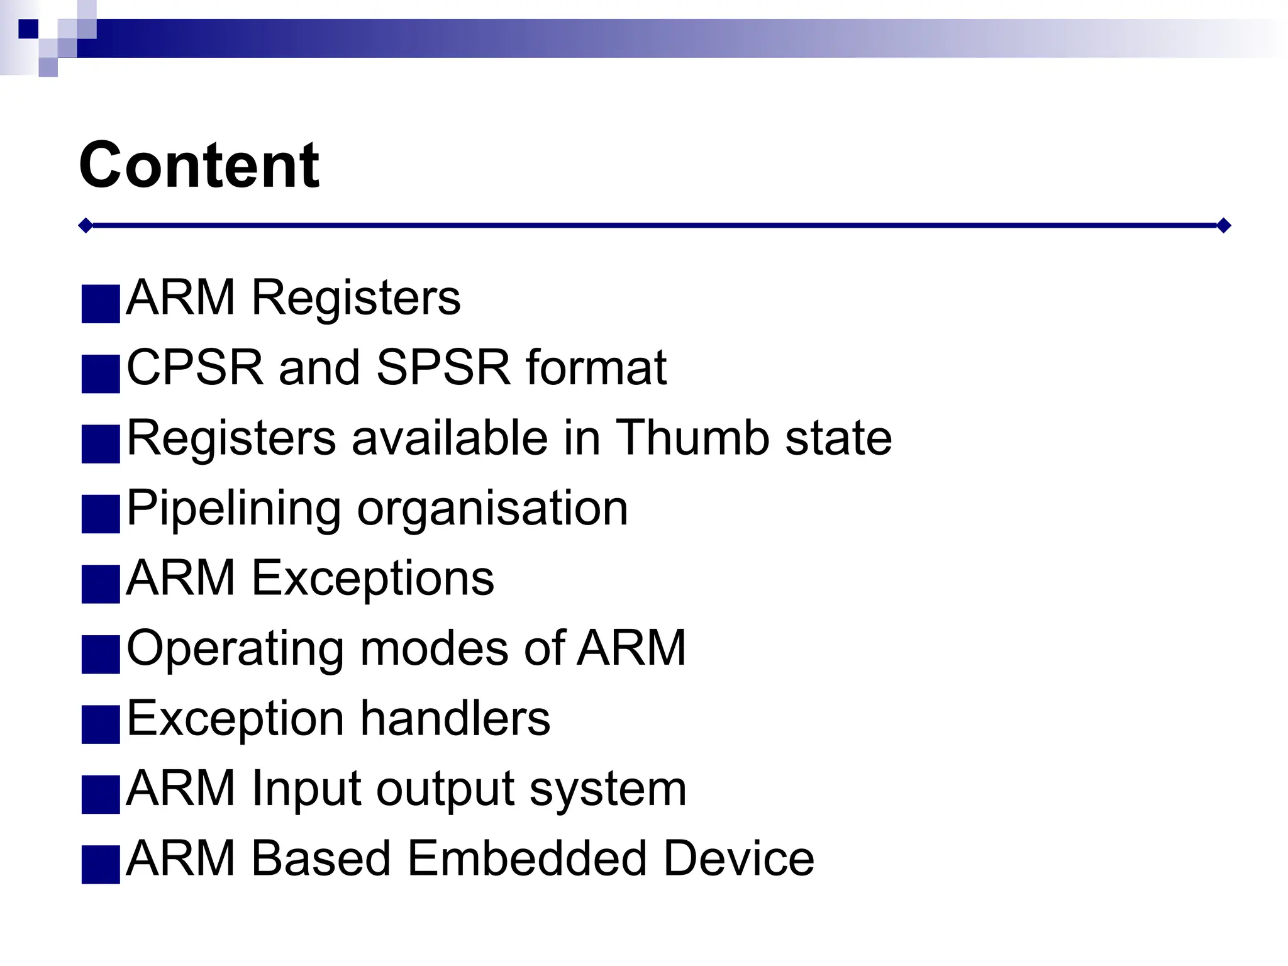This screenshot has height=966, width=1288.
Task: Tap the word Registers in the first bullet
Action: [356, 298]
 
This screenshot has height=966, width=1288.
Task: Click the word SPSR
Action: [443, 368]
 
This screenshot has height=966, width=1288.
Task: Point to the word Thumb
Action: [692, 438]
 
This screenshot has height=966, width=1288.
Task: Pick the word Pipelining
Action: [233, 508]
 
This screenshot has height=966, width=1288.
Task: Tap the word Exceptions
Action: [373, 579]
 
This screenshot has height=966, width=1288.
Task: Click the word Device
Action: [739, 858]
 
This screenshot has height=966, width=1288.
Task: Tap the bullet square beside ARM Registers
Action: [101, 304]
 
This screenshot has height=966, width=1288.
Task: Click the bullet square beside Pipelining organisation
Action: [101, 514]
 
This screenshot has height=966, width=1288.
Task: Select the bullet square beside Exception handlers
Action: [101, 724]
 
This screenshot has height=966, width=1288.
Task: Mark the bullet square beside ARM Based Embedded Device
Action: [101, 865]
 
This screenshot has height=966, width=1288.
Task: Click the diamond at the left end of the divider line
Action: [86, 225]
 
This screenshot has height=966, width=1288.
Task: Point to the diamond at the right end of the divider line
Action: [1223, 225]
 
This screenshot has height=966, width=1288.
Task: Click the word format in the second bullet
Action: [596, 368]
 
